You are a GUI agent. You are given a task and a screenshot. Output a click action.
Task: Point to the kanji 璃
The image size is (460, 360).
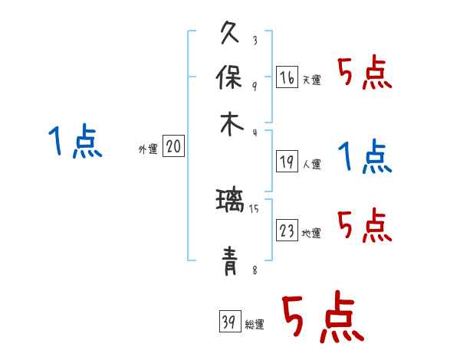231,204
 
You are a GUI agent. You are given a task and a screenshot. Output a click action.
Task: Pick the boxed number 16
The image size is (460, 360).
287,77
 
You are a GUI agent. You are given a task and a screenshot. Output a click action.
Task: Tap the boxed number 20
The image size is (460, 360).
174,147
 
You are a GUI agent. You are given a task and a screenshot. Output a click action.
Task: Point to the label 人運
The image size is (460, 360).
311,163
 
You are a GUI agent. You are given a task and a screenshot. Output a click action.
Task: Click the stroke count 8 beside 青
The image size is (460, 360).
255,270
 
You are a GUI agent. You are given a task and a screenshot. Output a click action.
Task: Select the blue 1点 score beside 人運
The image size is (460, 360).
363,158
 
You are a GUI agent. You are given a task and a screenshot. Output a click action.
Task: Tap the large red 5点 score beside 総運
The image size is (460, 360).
322,319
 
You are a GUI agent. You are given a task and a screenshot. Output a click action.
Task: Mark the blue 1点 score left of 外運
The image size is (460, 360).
74,142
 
